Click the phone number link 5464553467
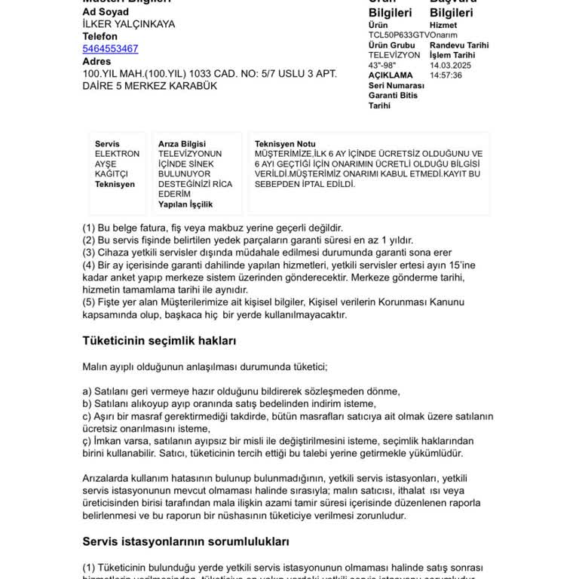pyautogui.click(x=110, y=49)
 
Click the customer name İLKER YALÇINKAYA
pyautogui.click(x=128, y=24)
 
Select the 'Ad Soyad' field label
pyautogui.click(x=106, y=12)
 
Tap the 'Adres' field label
pyautogui.click(x=96, y=62)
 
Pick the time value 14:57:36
pyautogui.click(x=446, y=75)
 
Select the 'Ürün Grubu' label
pyautogui.click(x=391, y=45)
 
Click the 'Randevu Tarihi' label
pyautogui.click(x=459, y=45)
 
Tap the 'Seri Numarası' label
pyautogui.click(x=396, y=85)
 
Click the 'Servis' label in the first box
pyautogui.click(x=107, y=144)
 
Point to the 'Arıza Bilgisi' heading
pyautogui.click(x=182, y=144)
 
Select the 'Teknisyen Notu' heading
pyautogui.click(x=285, y=144)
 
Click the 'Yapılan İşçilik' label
pyautogui.click(x=185, y=204)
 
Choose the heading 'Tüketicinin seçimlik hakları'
pyautogui.click(x=159, y=341)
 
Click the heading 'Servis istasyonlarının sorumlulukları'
pyautogui.click(x=185, y=541)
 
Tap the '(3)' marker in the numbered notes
pyautogui.click(x=89, y=253)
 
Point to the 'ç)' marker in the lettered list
pyautogui.click(x=87, y=440)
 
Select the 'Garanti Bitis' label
pyautogui.click(x=393, y=95)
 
